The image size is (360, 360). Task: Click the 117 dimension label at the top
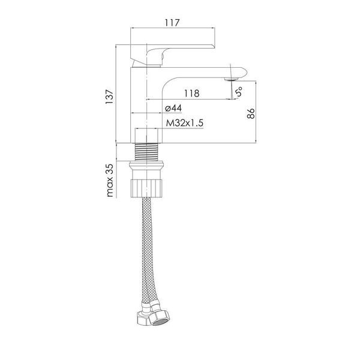172,23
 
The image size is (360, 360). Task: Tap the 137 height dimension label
109,96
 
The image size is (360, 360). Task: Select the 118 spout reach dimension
192,94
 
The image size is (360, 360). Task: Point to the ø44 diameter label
173,108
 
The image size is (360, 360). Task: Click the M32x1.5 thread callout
185,123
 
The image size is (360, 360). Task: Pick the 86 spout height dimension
251,113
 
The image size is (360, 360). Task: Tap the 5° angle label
239,92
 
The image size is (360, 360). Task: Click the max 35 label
110,180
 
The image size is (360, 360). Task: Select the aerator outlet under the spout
232,79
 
